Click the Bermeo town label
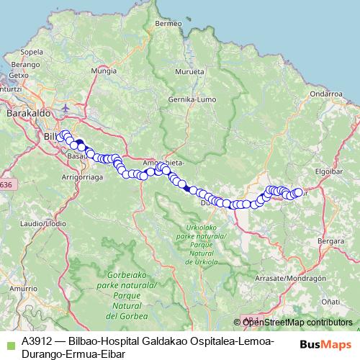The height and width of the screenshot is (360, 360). tap(168, 23)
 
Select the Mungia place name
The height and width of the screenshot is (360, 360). tap(104, 72)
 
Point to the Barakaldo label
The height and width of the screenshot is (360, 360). tap(26, 114)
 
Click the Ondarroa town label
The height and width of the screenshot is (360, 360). tap(326, 94)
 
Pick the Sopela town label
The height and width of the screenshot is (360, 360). tap(32, 52)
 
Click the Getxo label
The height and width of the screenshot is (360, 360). tap(19, 75)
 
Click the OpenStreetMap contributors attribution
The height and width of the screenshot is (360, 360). tap(297, 322)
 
